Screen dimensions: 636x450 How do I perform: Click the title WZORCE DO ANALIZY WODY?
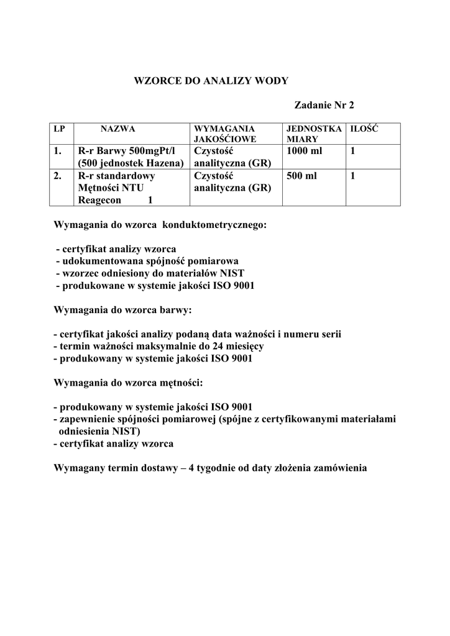[x=211, y=81]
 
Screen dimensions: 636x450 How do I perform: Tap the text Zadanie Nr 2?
[x=328, y=106]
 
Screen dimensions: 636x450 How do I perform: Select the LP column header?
[x=60, y=129]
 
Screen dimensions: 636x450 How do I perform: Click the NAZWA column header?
[x=118, y=129]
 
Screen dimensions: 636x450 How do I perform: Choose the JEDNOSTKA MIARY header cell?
[x=314, y=134]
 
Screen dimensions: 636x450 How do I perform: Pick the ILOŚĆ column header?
[x=365, y=129]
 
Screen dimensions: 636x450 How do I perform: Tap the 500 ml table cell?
[x=302, y=176]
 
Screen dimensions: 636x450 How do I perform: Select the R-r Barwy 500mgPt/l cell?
[x=127, y=151]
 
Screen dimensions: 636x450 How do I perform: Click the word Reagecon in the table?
[x=99, y=201]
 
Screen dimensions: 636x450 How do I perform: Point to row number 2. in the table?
[x=58, y=176]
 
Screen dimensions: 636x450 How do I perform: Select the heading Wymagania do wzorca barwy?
[x=123, y=309]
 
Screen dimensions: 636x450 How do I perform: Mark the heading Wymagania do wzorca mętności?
[x=129, y=382]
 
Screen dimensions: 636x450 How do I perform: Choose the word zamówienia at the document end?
[x=339, y=467]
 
